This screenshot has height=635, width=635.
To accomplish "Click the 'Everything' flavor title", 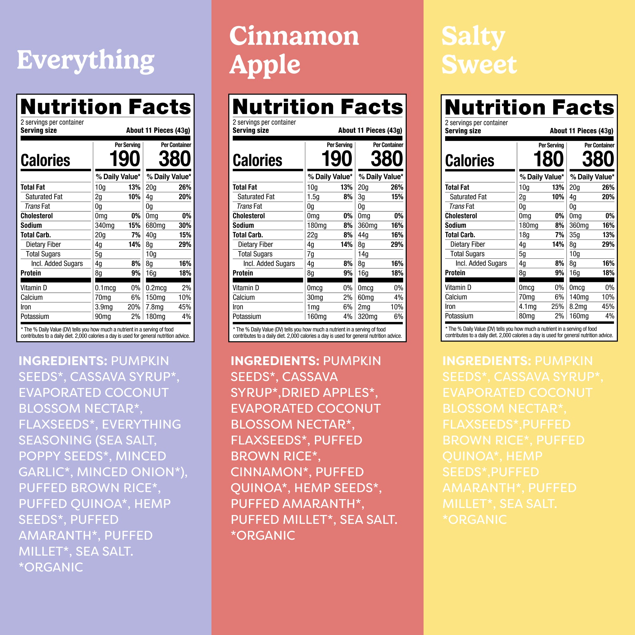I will click(x=86, y=61).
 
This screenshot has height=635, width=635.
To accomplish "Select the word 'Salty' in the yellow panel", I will click(x=473, y=37).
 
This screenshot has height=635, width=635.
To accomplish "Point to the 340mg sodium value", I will click(x=104, y=225).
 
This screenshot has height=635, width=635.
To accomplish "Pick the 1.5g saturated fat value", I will click(x=313, y=197).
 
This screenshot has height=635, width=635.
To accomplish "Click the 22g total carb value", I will click(x=312, y=235).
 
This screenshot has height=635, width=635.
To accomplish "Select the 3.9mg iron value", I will click(x=104, y=307).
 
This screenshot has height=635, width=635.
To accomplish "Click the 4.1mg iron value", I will click(x=527, y=307).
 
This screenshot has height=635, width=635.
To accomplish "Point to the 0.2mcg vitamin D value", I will click(x=156, y=288).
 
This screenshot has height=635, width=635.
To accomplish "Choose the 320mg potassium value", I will click(x=367, y=317).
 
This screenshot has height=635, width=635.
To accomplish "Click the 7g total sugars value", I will click(x=311, y=254).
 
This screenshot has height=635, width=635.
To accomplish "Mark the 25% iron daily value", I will click(x=558, y=307).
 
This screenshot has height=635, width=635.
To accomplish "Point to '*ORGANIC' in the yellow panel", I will click(x=474, y=520).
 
